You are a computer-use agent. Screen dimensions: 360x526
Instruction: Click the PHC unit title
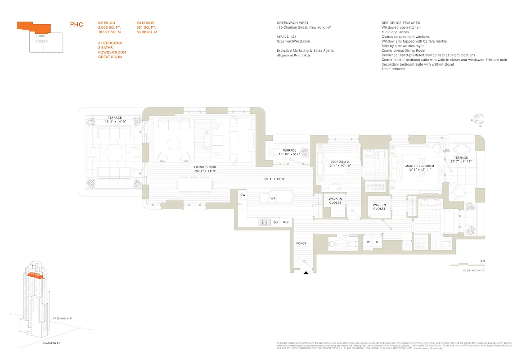tap(76, 25)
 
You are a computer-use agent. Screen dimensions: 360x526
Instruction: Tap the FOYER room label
tap(301, 243)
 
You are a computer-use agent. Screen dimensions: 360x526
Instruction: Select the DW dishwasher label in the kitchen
tap(243, 195)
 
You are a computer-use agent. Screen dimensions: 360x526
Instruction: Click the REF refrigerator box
tap(286, 222)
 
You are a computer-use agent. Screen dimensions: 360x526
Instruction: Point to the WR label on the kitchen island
tap(273, 198)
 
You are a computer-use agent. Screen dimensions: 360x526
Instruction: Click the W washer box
tap(368, 242)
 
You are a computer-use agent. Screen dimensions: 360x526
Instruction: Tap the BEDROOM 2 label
tap(340, 162)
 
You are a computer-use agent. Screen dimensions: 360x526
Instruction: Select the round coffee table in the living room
tap(174, 143)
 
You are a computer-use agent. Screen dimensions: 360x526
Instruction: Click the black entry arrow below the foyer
tap(306, 272)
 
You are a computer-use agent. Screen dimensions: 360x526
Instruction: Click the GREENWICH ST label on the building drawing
tap(62, 318)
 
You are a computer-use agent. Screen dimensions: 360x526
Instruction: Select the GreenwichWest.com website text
tap(293, 41)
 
